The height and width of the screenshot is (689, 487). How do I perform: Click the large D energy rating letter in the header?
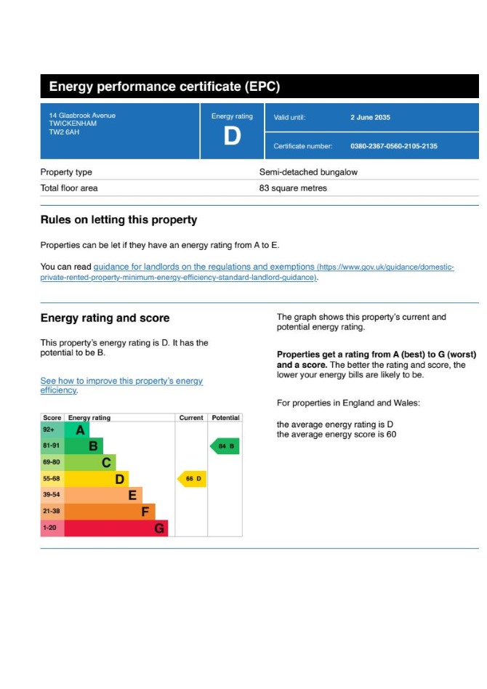click(232, 136)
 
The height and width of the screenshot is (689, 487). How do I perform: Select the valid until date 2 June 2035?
click(370, 117)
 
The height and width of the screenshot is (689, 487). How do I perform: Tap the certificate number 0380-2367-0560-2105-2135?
click(393, 146)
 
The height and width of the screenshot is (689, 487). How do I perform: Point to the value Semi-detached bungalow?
click(308, 172)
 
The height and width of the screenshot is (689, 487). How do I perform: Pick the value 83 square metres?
click(293, 188)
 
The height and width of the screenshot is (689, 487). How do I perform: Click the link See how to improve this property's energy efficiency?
click(121, 385)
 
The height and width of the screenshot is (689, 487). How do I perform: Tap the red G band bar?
click(116, 528)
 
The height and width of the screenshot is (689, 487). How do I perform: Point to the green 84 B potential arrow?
click(225, 446)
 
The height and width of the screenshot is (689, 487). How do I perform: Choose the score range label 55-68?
click(52, 479)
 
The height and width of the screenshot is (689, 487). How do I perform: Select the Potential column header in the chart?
click(225, 418)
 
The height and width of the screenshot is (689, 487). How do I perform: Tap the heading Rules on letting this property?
click(118, 219)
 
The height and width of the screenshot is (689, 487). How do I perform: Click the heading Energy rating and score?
click(105, 318)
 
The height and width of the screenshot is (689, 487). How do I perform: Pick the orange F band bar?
click(109, 512)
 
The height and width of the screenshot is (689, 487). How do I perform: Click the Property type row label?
click(66, 172)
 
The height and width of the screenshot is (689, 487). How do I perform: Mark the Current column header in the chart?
click(191, 418)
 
